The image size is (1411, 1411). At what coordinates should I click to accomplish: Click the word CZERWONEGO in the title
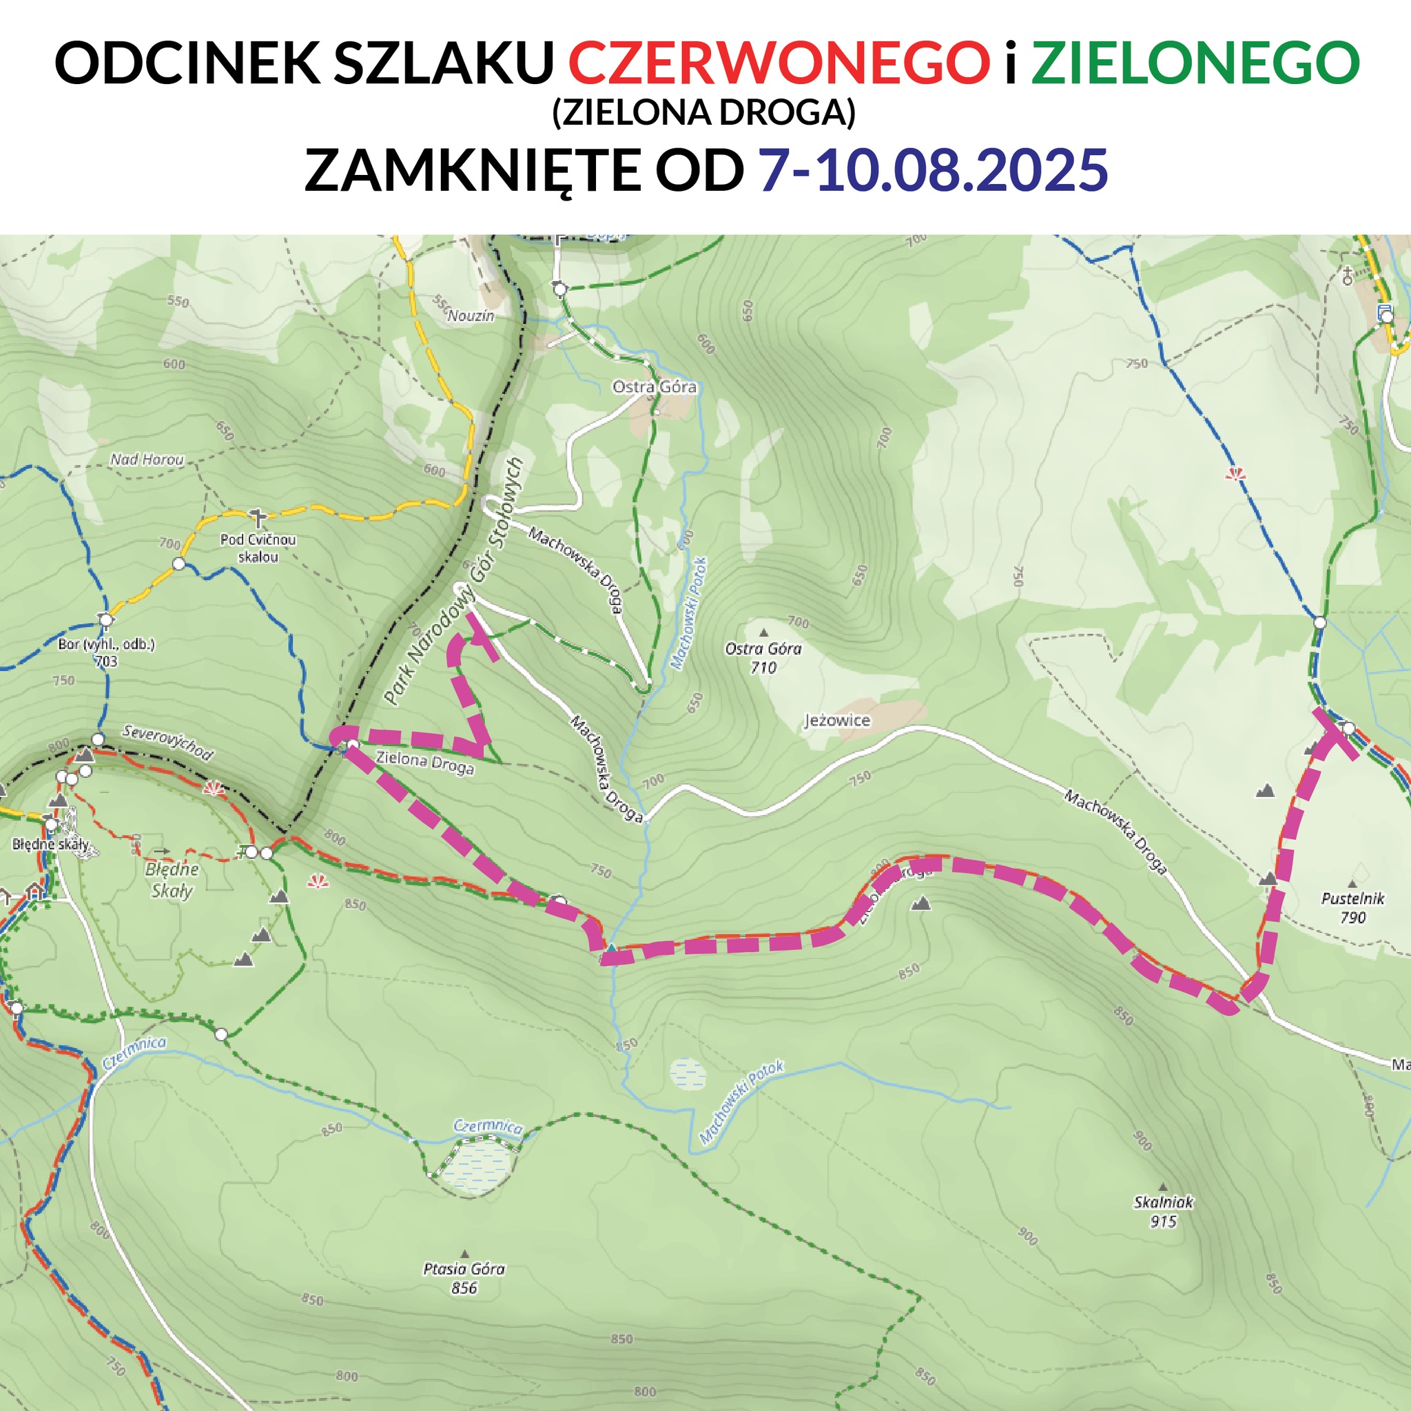pos(779,63)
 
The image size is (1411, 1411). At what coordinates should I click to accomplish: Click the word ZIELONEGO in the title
pos(1195,63)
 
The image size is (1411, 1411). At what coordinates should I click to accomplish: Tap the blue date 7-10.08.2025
pos(933,170)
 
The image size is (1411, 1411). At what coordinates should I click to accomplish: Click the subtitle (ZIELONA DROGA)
pos(703,113)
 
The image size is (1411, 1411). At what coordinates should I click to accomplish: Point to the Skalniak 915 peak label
pos(1163,1212)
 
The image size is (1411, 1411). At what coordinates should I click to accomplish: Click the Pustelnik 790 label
pos(1352,908)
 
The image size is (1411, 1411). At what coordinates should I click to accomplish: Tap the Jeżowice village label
pos(837,721)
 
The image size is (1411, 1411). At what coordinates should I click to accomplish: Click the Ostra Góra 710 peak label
pos(763,657)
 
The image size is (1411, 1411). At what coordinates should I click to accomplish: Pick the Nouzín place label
pos(471,316)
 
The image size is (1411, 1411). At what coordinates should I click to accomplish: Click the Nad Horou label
pos(147,460)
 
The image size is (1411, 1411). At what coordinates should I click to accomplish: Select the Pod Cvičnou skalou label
pos(258,548)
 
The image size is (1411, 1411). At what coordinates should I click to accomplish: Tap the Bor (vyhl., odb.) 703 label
pos(106,653)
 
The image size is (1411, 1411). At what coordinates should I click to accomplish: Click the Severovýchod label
pos(168,742)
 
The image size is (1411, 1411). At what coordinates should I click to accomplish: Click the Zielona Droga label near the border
pos(424,763)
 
